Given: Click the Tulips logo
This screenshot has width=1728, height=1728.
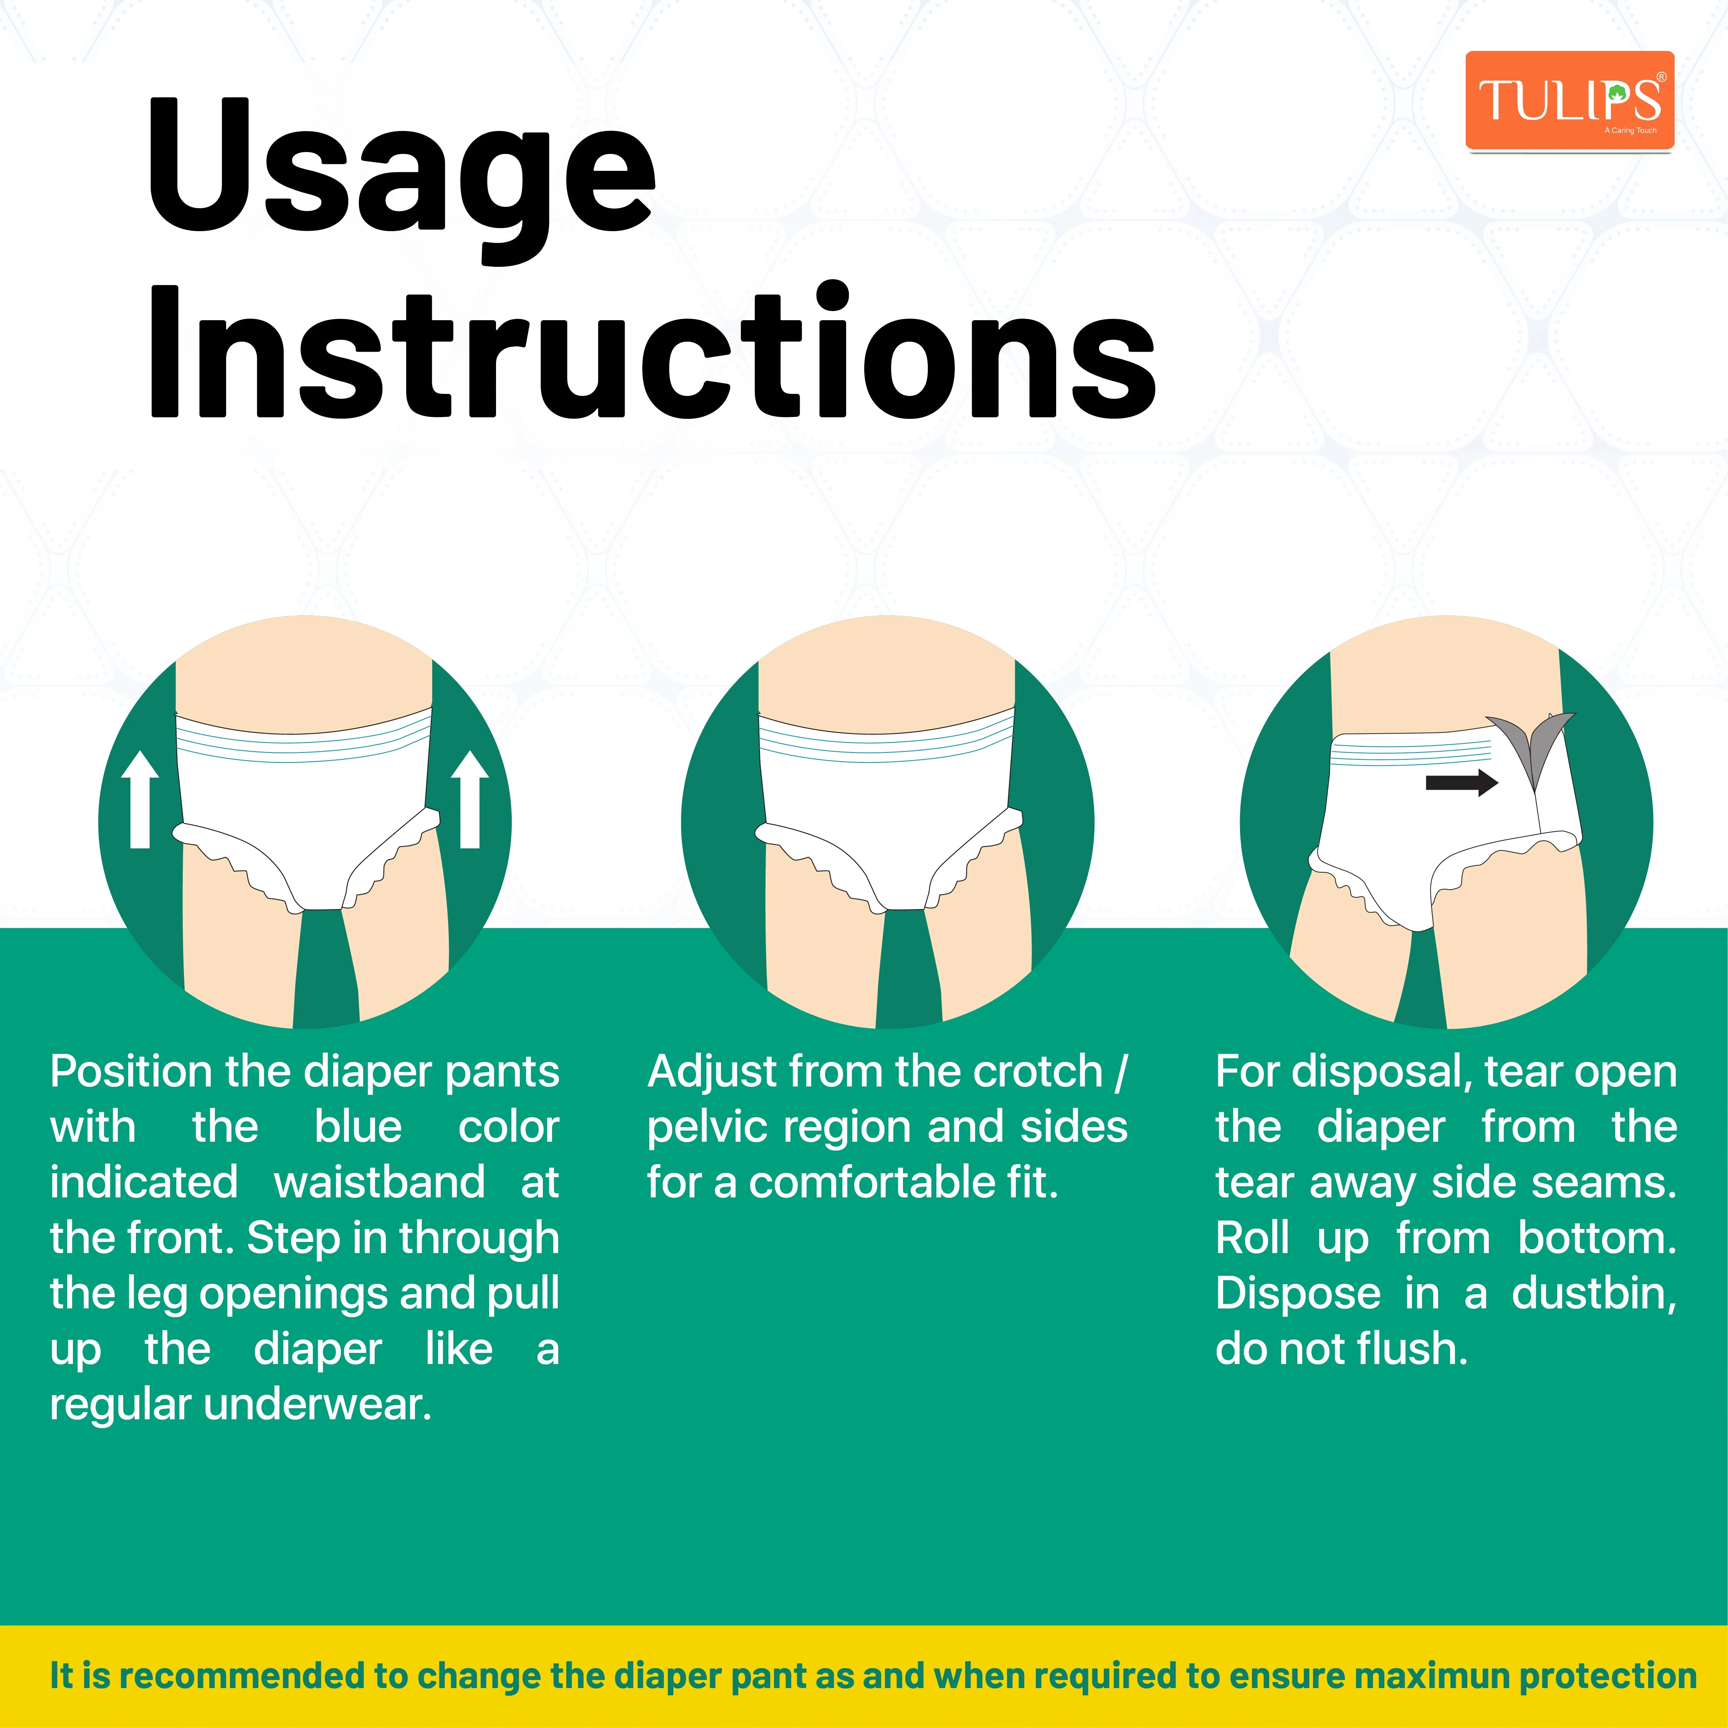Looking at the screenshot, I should [1569, 100].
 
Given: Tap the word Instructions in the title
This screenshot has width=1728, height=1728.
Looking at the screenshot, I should [653, 353].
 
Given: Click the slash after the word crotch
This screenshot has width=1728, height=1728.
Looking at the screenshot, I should [1121, 1072].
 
